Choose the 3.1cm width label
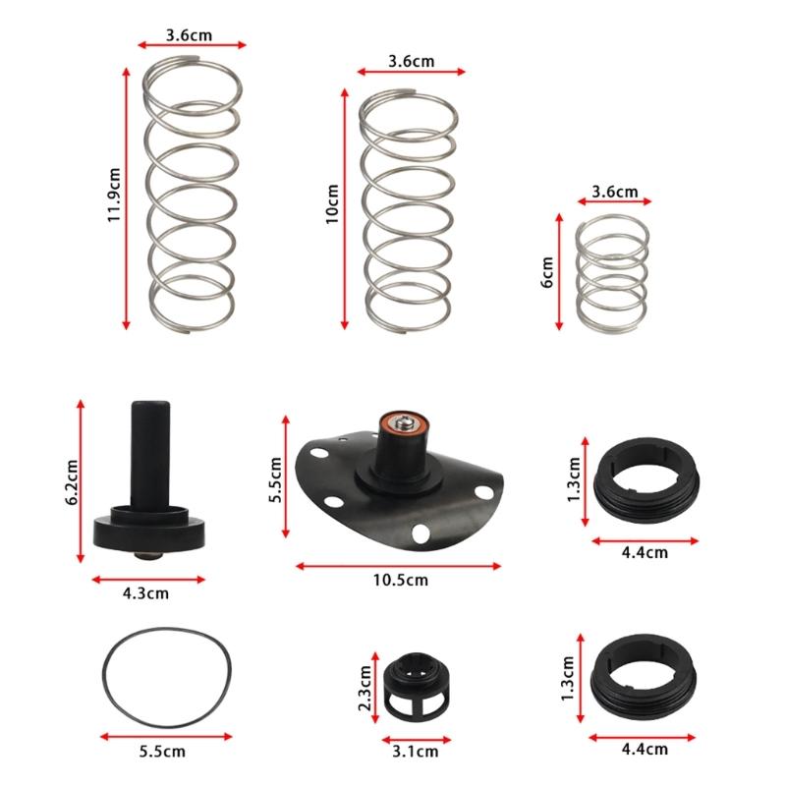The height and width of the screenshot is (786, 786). pos(415,753)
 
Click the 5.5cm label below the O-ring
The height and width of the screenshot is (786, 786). pos(162,752)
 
